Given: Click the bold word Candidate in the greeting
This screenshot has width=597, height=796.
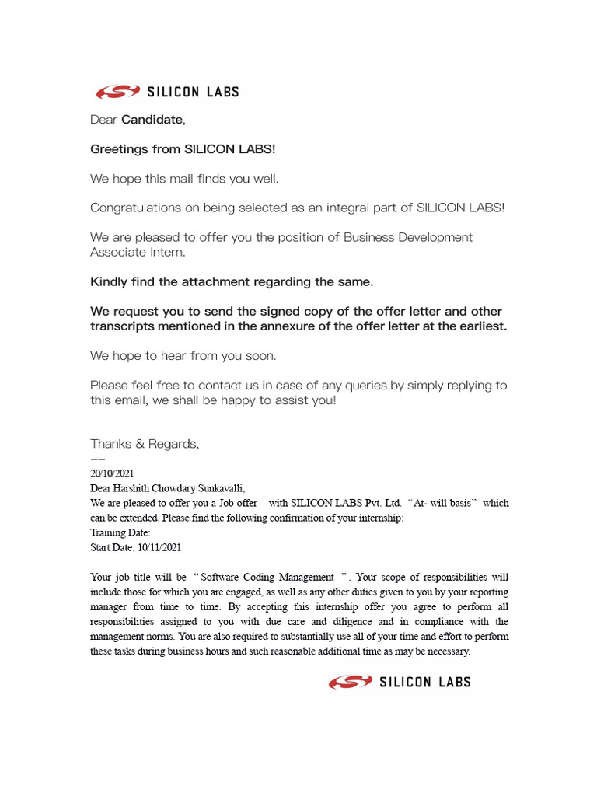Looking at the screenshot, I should point(152,120).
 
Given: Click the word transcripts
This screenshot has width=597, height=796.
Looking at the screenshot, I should point(124,326).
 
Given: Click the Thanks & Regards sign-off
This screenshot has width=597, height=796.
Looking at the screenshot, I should point(145,444).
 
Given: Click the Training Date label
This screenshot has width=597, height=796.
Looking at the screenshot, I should point(120,532).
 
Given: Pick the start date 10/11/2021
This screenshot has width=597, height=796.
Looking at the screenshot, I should point(159,547).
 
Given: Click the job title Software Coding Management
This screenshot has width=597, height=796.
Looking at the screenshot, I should point(267,578).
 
